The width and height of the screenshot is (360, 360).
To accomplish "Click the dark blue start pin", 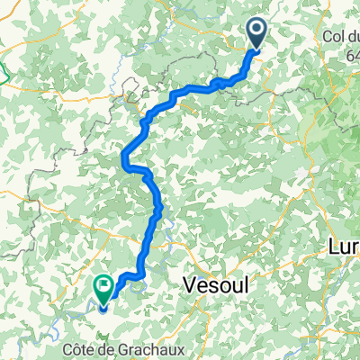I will pos(256,33).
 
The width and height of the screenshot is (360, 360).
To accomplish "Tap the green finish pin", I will pos(102,287).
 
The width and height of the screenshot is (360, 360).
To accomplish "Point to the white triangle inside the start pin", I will pos(256,31).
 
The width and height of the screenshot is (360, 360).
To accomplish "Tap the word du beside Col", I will pos(353,36).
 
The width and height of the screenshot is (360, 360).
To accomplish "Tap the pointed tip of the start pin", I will pos(256,49).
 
